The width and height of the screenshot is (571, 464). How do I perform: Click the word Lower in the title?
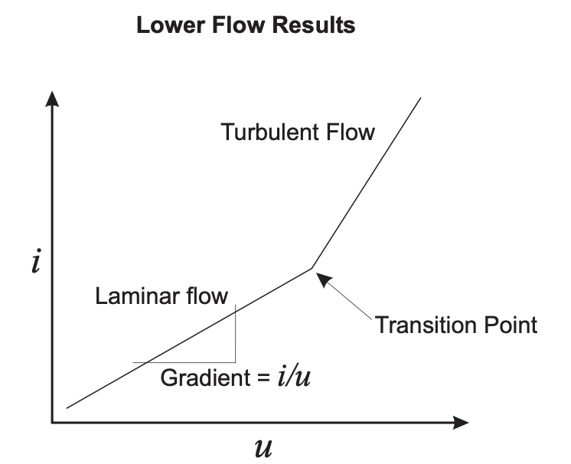point(171,25)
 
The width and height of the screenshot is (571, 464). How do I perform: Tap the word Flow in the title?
point(238,25)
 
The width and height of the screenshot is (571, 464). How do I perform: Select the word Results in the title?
point(314,25)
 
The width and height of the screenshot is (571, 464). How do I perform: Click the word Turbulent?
point(270,132)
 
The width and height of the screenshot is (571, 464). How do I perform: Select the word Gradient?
point(205,377)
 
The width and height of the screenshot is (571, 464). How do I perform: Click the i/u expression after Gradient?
point(294,377)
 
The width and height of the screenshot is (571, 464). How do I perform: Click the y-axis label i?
point(36,261)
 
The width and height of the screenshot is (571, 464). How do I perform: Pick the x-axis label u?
point(263,448)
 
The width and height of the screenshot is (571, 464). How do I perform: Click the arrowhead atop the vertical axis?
point(52,99)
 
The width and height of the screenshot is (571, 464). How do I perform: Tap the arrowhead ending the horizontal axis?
point(460,423)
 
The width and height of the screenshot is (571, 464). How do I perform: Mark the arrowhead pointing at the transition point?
point(324,279)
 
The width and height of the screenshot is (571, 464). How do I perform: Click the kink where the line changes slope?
point(312,269)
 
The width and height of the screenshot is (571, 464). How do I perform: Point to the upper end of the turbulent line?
point(421,97)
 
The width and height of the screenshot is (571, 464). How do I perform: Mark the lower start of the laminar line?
point(67,408)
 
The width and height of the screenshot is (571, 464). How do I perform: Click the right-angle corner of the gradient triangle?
point(235,362)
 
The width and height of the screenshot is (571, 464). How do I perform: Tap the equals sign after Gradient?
point(263,378)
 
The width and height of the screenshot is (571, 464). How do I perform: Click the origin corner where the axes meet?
point(53,423)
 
